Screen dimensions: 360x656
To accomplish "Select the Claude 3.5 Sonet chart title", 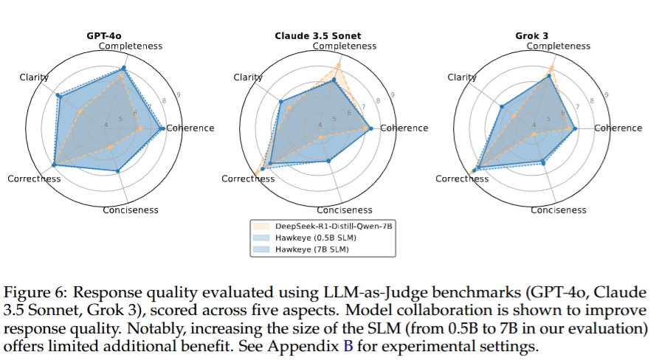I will click(323, 35).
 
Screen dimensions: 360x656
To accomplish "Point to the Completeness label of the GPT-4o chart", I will click(131, 46).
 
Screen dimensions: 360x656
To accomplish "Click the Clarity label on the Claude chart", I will click(248, 77).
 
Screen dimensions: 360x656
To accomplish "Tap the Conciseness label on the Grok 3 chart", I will click(559, 210).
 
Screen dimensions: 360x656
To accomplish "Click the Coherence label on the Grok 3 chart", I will click(618, 128).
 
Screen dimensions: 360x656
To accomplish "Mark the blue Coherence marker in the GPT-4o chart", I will click(162, 128).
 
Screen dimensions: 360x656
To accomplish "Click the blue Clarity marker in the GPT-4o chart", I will click(58, 96).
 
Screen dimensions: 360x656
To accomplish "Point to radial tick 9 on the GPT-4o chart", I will click(179, 94).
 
